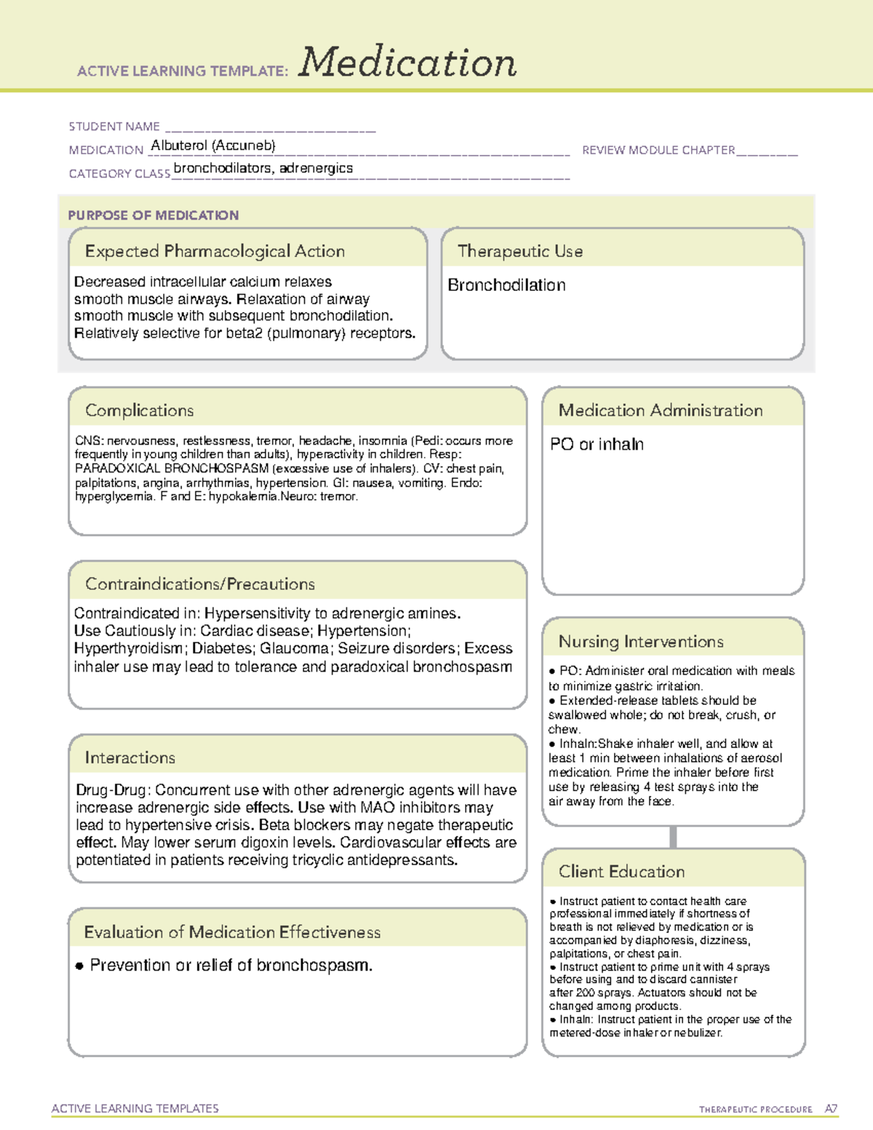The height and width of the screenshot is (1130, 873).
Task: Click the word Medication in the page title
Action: click(407, 63)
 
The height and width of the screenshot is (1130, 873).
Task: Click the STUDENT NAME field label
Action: click(114, 127)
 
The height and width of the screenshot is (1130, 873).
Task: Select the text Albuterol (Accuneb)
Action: click(213, 146)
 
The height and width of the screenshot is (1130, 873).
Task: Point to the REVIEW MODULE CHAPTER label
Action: click(658, 150)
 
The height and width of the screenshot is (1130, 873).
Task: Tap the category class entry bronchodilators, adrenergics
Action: click(263, 168)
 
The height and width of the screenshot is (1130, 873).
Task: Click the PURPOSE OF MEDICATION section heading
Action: click(154, 215)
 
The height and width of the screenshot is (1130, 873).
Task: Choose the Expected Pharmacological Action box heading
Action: click(215, 251)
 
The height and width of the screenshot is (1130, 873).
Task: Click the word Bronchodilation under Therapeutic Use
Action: click(506, 285)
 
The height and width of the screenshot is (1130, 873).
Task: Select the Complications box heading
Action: click(140, 410)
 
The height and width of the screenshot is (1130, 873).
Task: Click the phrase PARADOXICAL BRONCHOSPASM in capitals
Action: click(172, 469)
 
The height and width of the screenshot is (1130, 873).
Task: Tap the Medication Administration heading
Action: click(661, 410)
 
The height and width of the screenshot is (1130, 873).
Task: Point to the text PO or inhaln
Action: click(597, 445)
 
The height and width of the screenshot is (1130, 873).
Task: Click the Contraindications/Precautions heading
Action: click(200, 584)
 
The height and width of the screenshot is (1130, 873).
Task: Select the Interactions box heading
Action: click(130, 758)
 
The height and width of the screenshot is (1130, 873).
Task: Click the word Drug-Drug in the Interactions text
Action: click(113, 790)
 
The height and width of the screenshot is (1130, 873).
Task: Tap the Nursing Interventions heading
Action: click(641, 642)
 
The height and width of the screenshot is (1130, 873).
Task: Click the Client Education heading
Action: click(621, 872)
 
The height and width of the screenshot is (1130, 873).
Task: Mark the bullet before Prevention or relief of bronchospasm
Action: click(79, 966)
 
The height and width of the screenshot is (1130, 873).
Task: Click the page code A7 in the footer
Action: click(831, 1109)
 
